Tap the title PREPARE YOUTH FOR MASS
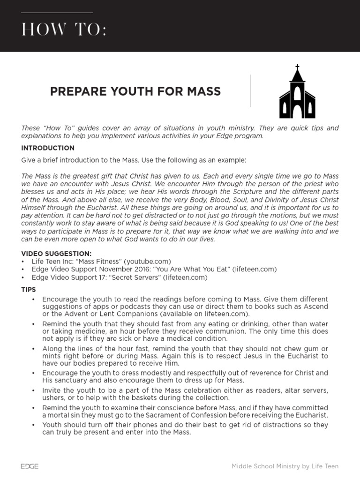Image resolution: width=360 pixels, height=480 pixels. (x=135, y=91)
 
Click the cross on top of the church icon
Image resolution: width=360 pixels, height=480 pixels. (x=297, y=67)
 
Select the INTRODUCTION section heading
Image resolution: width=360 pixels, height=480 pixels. (x=48, y=148)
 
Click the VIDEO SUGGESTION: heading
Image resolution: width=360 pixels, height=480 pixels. (x=56, y=254)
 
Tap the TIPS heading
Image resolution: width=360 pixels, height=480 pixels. (x=29, y=290)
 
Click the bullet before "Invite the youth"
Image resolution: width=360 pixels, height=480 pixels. (x=33, y=390)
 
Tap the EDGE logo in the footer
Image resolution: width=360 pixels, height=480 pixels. (x=30, y=466)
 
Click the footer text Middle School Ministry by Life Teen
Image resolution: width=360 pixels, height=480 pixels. (x=285, y=466)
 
